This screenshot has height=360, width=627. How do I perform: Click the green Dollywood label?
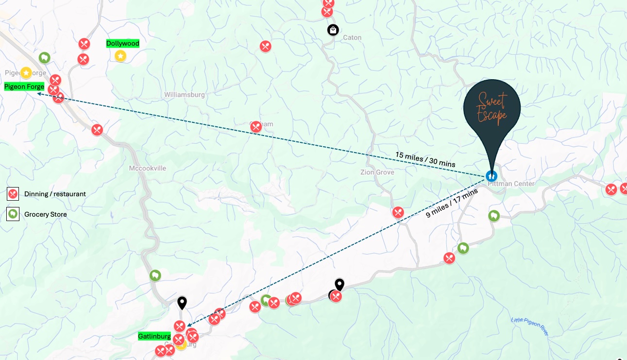coord(123,44)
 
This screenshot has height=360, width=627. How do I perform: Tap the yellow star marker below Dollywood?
coord(120,56)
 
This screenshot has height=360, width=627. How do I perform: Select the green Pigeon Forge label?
coord(24,87)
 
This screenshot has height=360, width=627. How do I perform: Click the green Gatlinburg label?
coord(154,336)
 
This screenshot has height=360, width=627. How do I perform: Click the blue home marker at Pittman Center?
coord(491,176)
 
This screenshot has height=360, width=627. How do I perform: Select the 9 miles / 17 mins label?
coord(452,203)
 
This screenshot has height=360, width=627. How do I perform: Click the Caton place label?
coord(352,38)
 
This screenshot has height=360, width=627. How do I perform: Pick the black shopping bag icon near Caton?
coord(333,31)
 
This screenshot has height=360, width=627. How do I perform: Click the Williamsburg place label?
coord(185,95)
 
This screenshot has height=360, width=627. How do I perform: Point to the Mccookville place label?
coord(148,169)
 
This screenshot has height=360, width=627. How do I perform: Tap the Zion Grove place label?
coord(377,172)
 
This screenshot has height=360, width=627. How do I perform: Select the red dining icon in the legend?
coord(13,194)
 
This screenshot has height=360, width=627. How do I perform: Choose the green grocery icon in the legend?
coord(13,214)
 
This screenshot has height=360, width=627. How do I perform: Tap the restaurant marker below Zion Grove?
coord(398,212)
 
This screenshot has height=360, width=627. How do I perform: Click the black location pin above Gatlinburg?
coord(182,303)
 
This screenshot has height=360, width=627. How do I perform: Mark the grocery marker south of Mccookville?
coord(155,275)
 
